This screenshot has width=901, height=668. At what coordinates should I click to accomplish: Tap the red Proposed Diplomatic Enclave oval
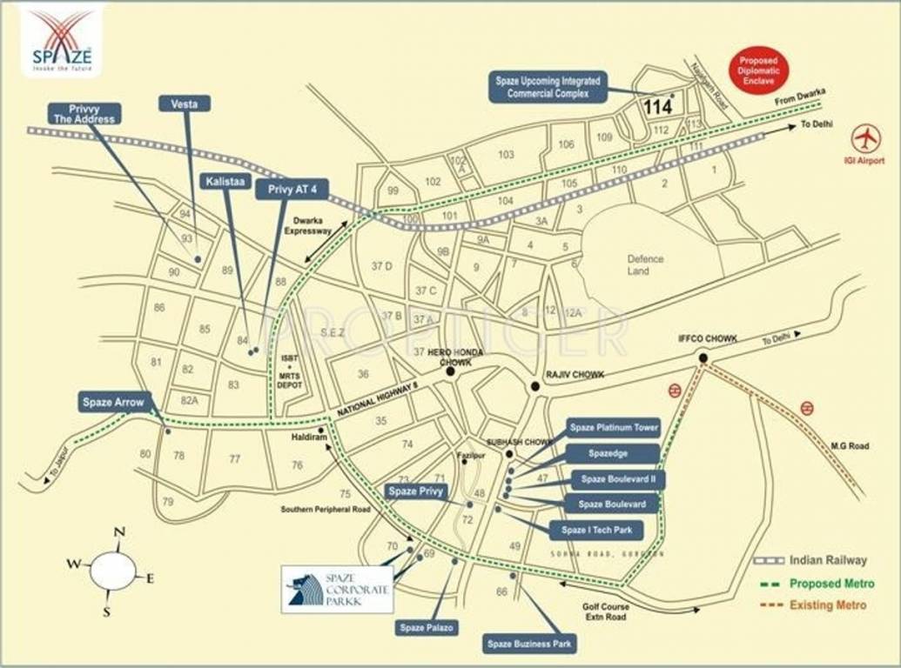pos(758,70)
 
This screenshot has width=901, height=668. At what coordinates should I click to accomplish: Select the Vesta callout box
pos(185,104)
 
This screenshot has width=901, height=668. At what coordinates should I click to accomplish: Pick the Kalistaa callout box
pos(225,181)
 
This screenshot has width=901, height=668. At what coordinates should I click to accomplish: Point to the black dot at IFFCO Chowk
pos(703,357)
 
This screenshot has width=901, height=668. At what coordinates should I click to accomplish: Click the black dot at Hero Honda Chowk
pos(451,371)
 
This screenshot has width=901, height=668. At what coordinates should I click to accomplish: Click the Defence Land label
pos(645,264)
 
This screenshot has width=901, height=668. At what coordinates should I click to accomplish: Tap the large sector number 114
pos(658,108)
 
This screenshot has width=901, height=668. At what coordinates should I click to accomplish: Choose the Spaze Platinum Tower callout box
pos(614,428)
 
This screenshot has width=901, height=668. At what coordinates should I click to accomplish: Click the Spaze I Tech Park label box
pos(596,530)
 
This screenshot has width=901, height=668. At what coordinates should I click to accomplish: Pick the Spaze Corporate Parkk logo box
pos(337,589)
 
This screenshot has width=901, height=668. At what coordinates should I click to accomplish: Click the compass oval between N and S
pos(113,571)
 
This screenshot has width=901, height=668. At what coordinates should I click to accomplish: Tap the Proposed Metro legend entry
pos(827,583)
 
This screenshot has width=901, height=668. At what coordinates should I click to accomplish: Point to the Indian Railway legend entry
pos(827,561)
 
